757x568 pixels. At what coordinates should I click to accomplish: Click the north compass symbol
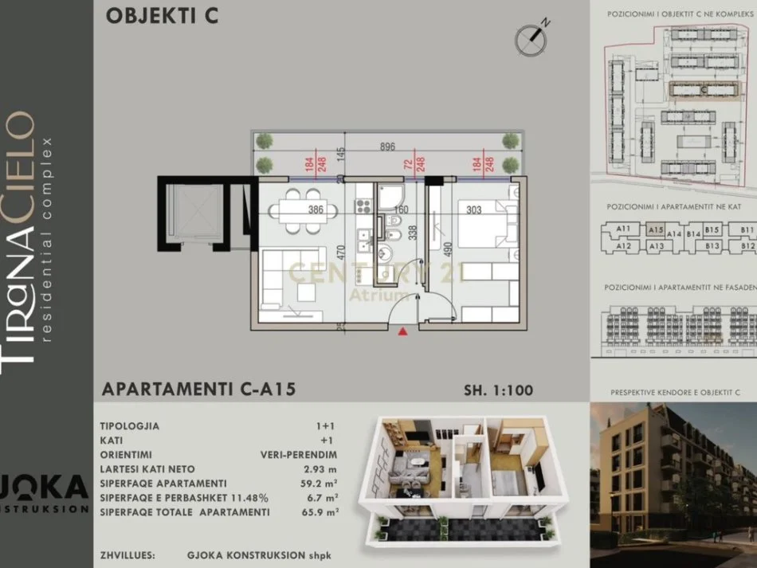(533, 36)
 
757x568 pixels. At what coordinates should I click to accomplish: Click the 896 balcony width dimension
(388, 147)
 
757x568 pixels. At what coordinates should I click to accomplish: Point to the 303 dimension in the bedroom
(473, 211)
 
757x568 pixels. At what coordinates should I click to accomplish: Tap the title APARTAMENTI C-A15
(199, 390)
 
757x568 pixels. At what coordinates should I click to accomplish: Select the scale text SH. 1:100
(498, 390)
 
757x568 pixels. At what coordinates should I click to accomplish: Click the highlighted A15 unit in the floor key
(656, 229)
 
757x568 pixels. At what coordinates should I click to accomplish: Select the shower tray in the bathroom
(391, 196)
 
